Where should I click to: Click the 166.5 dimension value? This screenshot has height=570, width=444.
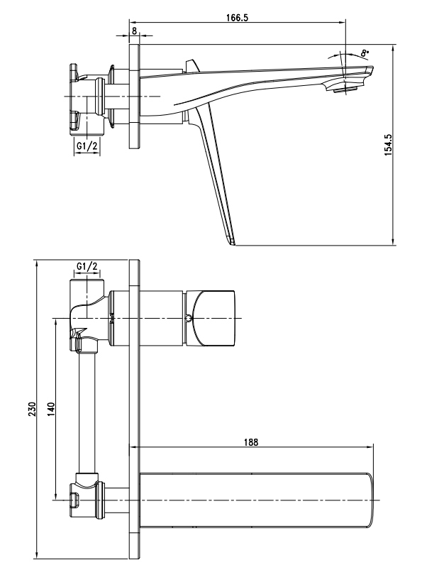[238, 19]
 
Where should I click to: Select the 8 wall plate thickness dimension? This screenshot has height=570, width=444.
[134, 33]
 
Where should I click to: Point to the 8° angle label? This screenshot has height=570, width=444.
[365, 53]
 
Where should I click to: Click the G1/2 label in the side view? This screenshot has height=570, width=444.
[87, 146]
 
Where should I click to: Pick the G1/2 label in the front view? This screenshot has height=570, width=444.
[87, 266]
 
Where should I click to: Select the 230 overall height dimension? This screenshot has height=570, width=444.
[31, 410]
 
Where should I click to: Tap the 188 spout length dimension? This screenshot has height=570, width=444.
[250, 441]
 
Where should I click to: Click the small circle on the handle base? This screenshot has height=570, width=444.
[188, 318]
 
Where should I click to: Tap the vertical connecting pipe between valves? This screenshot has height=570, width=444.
[87, 412]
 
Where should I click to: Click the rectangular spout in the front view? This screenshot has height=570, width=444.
[255, 500]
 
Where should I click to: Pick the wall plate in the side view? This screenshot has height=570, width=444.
[134, 96]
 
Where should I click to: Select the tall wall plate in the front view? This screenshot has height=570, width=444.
[134, 412]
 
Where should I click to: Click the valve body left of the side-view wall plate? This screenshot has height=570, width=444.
[89, 96]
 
